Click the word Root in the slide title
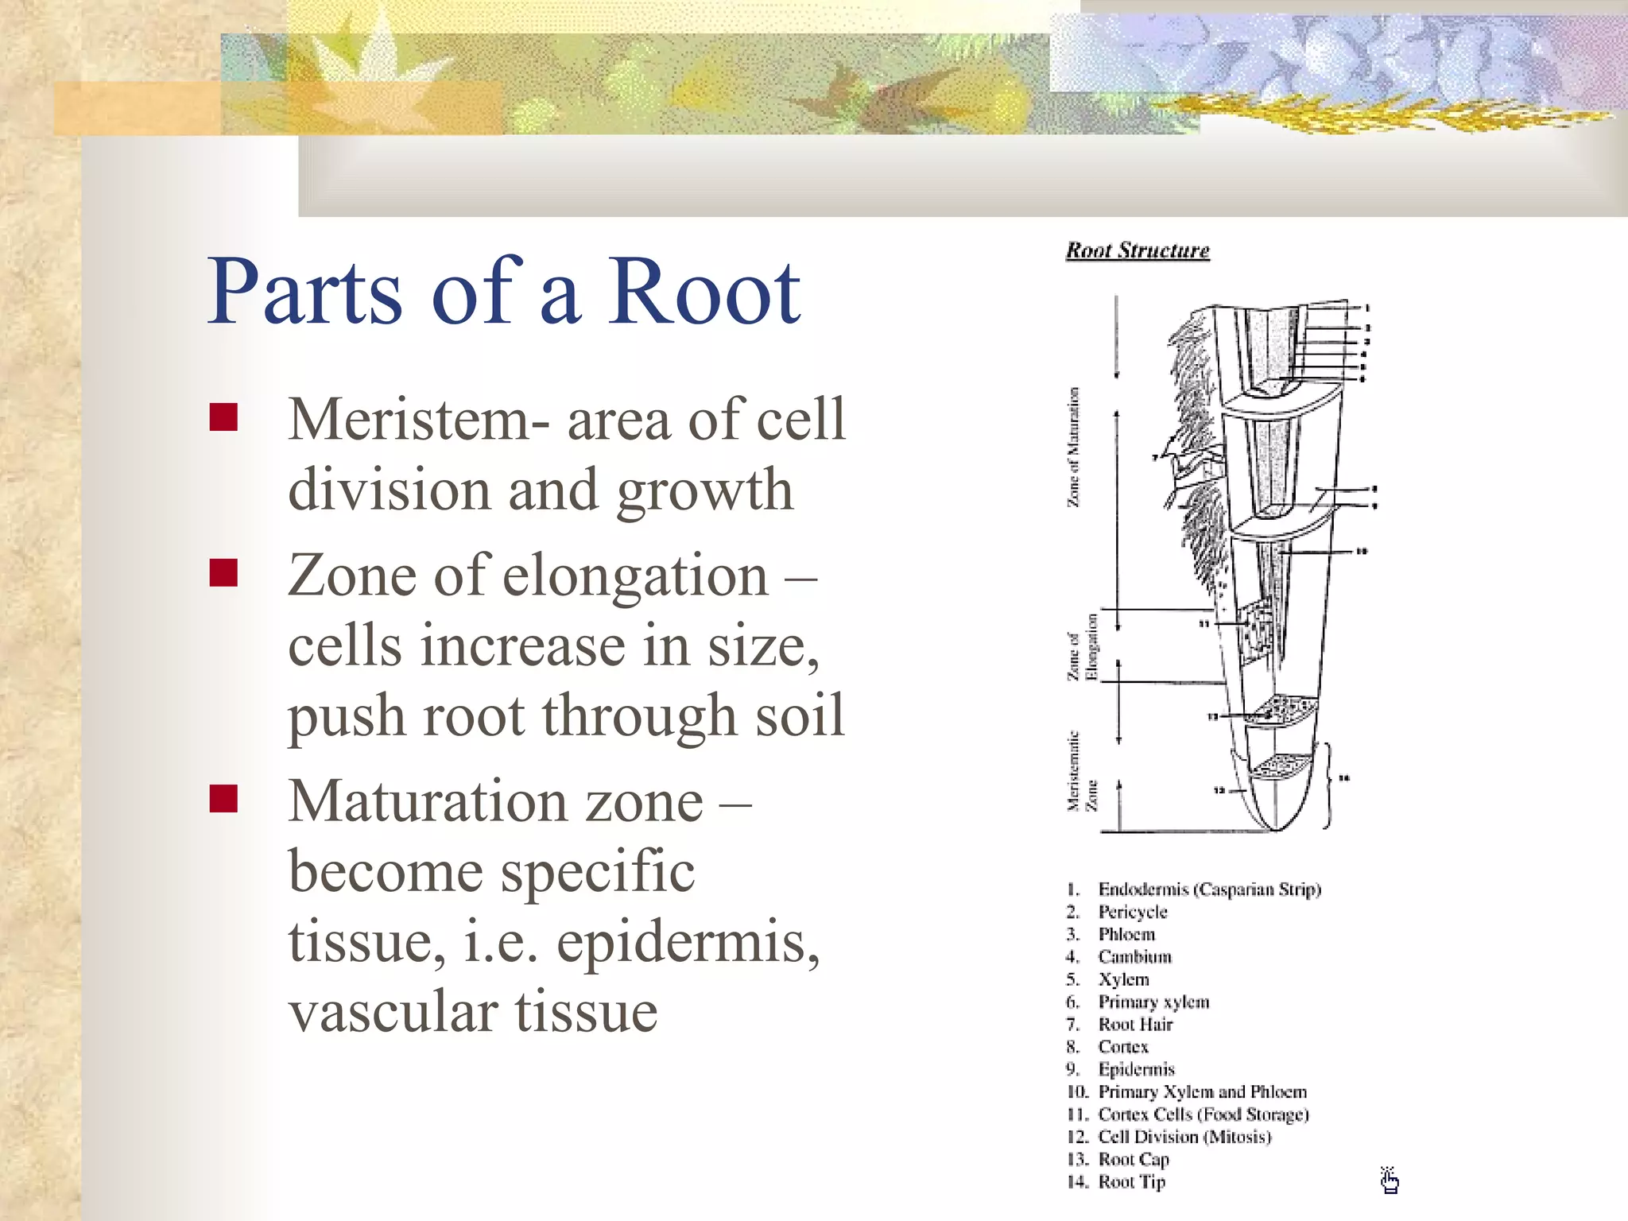click(704, 293)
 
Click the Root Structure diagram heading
click(1138, 250)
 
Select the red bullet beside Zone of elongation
click(224, 572)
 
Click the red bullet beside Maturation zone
click(224, 799)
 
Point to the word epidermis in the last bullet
click(688, 942)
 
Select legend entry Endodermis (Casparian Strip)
click(1208, 889)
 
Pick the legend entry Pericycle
click(1133, 912)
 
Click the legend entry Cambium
click(1134, 957)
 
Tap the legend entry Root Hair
click(1135, 1025)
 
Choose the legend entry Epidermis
click(1136, 1069)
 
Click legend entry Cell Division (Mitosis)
click(1184, 1137)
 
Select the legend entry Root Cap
click(1134, 1160)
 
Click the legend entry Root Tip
click(1131, 1182)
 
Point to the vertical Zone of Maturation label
click(1074, 447)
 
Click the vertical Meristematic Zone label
click(1082, 771)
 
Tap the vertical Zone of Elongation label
click(1082, 646)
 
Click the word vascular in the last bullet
click(390, 1012)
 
